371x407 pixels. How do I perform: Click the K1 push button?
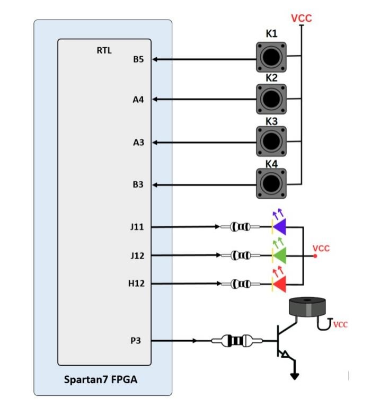click(x=271, y=57)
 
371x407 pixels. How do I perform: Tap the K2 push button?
click(x=271, y=99)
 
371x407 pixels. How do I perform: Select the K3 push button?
click(x=271, y=141)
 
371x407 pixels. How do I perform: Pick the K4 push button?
click(x=271, y=183)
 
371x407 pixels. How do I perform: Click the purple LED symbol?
click(x=279, y=227)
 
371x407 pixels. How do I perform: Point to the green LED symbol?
click(x=279, y=255)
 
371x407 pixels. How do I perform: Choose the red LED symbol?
click(x=279, y=284)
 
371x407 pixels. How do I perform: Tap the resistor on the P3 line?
click(x=234, y=341)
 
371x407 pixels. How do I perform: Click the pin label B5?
click(x=138, y=59)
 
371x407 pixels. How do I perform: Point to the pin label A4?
click(x=138, y=100)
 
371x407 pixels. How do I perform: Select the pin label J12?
click(x=137, y=255)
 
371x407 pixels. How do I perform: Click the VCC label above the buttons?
click(x=302, y=19)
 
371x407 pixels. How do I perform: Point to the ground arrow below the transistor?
click(x=295, y=376)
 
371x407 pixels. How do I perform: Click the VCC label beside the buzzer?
click(x=340, y=324)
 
